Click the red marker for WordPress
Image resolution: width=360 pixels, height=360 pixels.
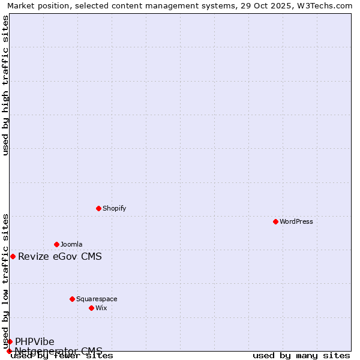275,221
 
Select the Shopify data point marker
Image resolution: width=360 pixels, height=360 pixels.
98,208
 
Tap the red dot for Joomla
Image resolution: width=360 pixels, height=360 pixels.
56,244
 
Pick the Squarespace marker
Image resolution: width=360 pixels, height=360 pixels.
72,299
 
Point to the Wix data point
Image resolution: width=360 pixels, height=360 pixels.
91,308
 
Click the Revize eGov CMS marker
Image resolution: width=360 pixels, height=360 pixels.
13,256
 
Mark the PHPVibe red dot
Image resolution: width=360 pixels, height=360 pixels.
10,341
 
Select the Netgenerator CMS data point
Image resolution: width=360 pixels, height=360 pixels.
9,351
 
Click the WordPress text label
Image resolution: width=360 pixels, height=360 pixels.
296,221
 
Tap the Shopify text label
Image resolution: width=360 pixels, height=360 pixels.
114,208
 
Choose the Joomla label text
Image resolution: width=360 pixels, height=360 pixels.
71,244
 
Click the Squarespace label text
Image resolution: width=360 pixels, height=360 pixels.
97,299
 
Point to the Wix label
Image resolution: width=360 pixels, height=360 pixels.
101,308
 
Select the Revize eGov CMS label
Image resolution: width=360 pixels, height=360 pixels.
60,257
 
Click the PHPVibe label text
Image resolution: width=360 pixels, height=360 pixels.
35,342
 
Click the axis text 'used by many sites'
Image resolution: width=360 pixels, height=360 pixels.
301,356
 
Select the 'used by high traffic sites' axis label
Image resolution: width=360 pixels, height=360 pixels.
5,85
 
